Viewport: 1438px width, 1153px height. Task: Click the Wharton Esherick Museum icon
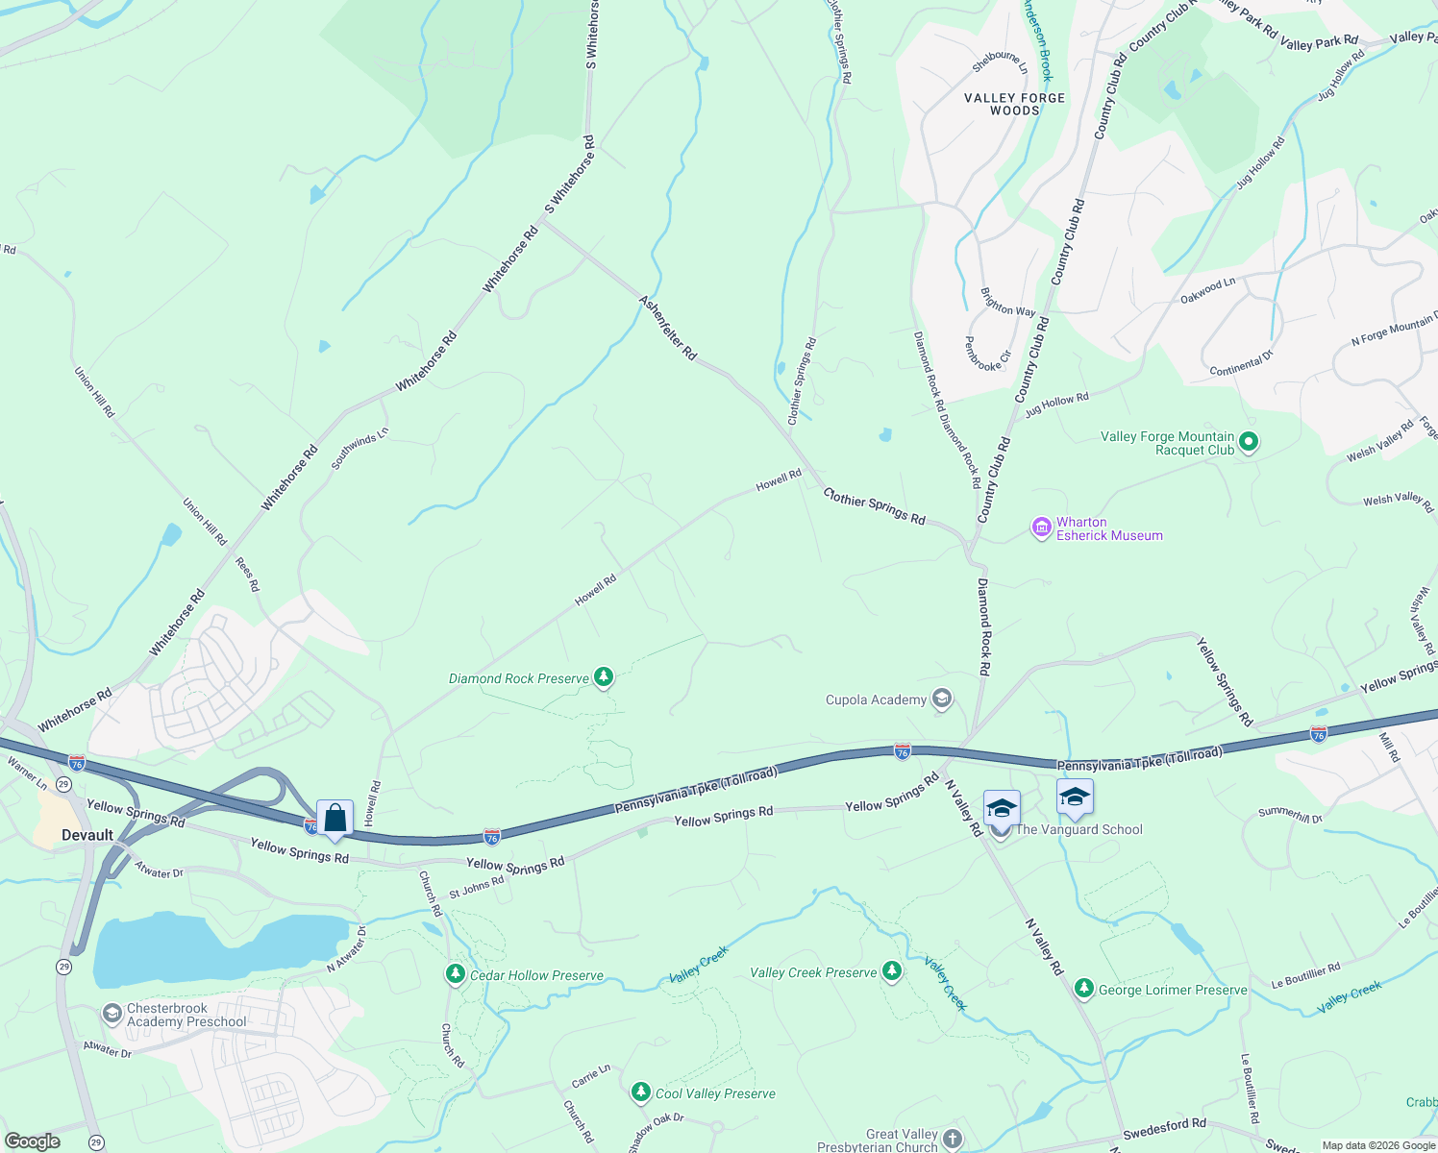point(1041,527)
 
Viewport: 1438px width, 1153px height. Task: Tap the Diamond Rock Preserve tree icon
point(603,677)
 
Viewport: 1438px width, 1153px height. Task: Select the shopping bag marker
point(335,819)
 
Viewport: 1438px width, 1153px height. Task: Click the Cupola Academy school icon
point(942,699)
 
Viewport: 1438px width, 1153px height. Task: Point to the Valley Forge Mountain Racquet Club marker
point(1249,443)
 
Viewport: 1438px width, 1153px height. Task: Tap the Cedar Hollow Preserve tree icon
point(456,974)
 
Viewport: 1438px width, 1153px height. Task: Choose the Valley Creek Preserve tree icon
point(892,971)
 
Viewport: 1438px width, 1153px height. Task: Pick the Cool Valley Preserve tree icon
point(641,1092)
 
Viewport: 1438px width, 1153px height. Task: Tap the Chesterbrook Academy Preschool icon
point(112,1014)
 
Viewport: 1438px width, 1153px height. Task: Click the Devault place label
point(87,835)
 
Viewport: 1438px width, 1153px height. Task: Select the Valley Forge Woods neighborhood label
point(1015,104)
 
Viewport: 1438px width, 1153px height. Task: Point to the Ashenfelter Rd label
point(668,328)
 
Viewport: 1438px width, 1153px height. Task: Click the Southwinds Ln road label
point(359,449)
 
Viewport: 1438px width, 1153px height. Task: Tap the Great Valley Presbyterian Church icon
point(952,1140)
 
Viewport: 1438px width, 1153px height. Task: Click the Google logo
point(32,1141)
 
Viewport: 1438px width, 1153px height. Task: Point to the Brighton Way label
point(1007,303)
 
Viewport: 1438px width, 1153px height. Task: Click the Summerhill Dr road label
point(1290,814)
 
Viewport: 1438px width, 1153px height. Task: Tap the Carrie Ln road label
point(591,1075)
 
